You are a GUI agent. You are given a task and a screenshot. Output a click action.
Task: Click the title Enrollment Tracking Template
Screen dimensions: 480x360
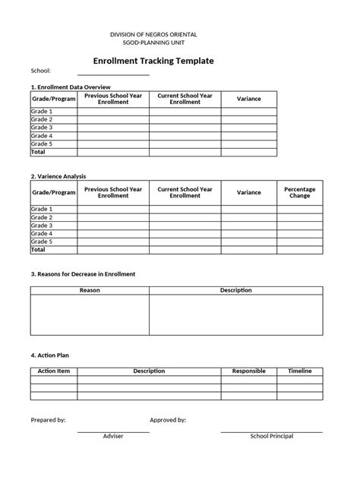(x=153, y=60)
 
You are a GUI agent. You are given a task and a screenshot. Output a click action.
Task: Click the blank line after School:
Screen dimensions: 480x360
(x=113, y=74)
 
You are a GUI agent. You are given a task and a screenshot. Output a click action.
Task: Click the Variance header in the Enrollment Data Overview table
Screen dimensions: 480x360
(x=249, y=99)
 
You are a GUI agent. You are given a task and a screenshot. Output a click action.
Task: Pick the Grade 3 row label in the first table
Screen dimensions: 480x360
(x=42, y=128)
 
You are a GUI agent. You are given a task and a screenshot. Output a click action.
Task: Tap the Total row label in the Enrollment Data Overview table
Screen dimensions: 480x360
(x=38, y=152)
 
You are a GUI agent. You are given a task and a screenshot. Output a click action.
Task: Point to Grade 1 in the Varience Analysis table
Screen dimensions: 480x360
(x=42, y=209)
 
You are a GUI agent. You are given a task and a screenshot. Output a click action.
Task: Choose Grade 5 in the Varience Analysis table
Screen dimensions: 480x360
(x=42, y=242)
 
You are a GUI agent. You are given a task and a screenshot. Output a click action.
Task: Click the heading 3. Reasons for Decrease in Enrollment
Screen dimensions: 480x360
(x=83, y=273)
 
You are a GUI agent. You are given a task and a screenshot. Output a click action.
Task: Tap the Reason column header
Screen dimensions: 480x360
(x=90, y=290)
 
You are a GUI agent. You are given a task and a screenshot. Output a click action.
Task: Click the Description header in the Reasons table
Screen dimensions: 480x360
(x=235, y=290)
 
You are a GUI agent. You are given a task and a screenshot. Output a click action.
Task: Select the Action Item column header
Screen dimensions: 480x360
(x=54, y=371)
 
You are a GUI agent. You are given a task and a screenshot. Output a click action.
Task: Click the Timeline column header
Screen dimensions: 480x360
(x=299, y=371)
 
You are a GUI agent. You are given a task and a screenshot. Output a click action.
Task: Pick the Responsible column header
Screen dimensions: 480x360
(x=248, y=371)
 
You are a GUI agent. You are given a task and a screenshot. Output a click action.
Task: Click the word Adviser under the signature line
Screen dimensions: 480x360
(x=112, y=436)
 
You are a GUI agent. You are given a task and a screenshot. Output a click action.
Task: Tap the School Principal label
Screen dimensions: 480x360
(x=271, y=436)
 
